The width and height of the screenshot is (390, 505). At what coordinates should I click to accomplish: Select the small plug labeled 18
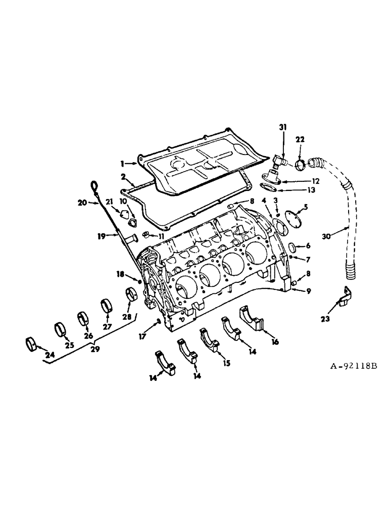140,280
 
